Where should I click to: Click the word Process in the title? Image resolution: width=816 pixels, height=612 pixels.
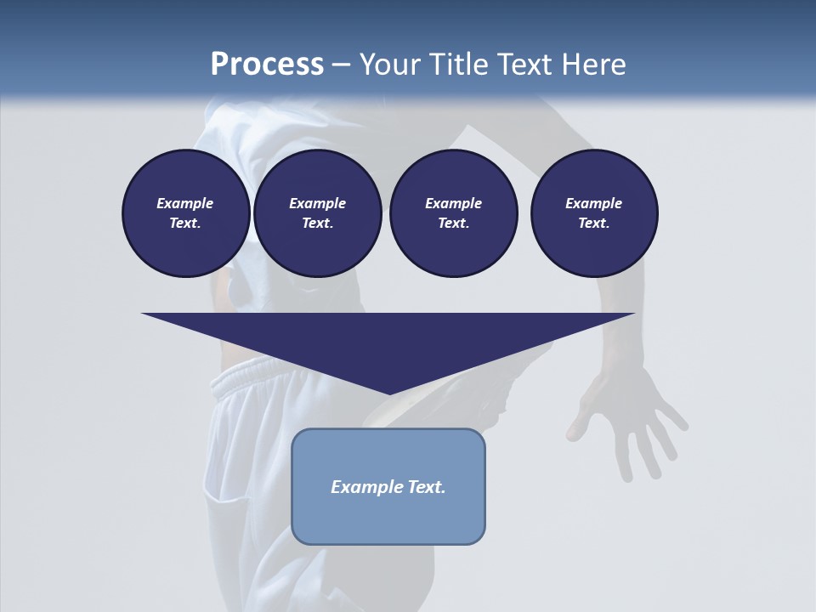[267, 65]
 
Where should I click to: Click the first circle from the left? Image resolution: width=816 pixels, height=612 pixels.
[185, 213]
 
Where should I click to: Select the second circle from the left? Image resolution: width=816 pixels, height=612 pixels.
[317, 213]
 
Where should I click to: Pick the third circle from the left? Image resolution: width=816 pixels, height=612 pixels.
[453, 213]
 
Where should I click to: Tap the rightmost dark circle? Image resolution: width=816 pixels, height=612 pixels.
[594, 213]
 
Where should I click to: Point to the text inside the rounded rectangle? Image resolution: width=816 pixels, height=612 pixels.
[388, 487]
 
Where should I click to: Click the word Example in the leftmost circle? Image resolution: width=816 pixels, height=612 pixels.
[185, 203]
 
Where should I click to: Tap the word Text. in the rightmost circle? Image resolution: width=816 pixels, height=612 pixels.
[594, 224]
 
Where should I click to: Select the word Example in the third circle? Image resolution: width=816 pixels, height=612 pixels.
[453, 203]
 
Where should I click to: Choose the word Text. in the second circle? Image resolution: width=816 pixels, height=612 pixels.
[317, 224]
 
